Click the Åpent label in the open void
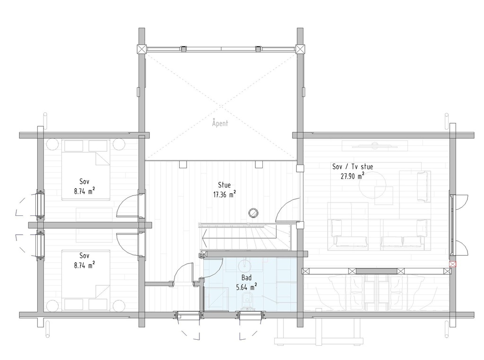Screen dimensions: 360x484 pyautogui.click(x=220, y=123)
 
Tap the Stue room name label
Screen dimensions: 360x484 pyautogui.click(x=225, y=185)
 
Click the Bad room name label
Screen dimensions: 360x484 pyautogui.click(x=246, y=278)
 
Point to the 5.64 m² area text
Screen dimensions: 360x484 pyautogui.click(x=246, y=287)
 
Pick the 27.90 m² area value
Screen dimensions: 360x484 pyautogui.click(x=353, y=176)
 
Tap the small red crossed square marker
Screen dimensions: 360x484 pyautogui.click(x=453, y=265)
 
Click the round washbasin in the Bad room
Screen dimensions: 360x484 pyautogui.click(x=245, y=264)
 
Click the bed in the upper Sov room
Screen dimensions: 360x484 pyautogui.click(x=85, y=170)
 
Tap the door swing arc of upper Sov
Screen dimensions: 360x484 pyautogui.click(x=125, y=206)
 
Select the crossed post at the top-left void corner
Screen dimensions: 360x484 pyautogui.click(x=142, y=49)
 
